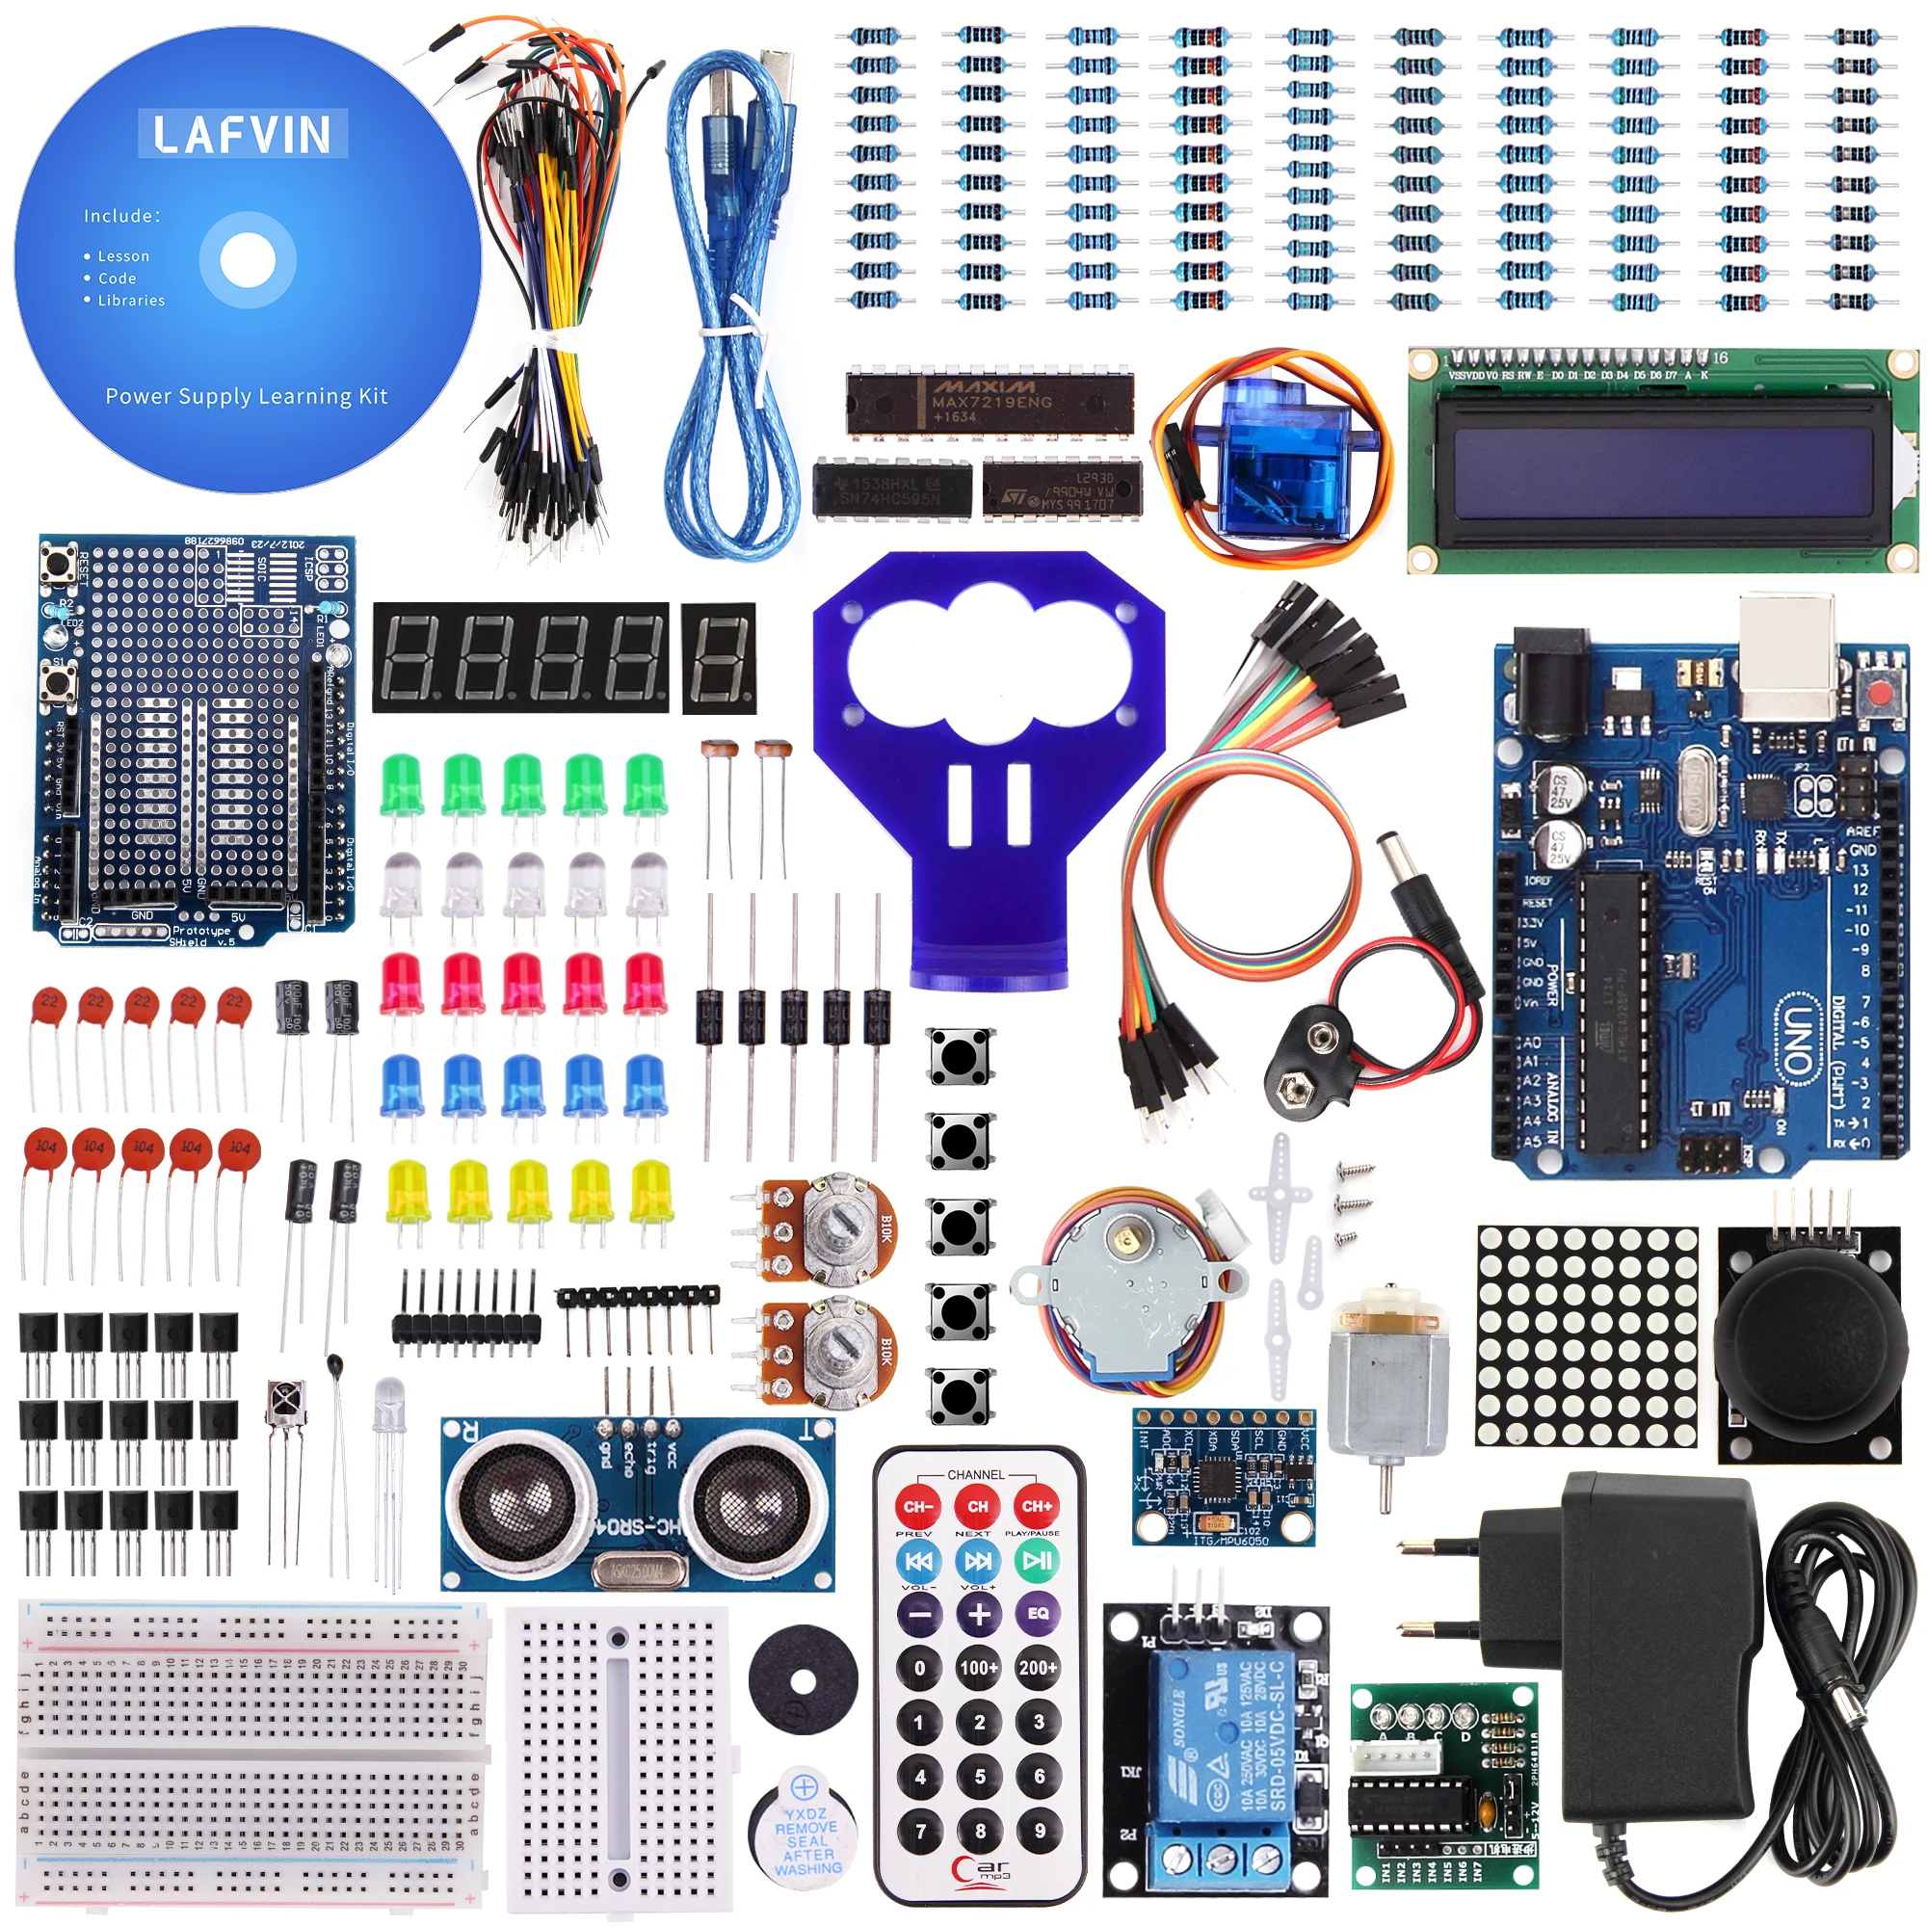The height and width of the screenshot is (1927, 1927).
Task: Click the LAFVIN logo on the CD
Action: pos(243,134)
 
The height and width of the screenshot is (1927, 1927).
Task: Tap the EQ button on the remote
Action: pos(1038,1613)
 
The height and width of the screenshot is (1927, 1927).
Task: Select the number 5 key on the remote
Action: pos(980,1776)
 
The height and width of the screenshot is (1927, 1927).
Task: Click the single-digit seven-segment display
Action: pos(719,657)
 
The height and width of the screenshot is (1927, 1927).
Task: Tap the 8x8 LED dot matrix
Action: pos(1586,1335)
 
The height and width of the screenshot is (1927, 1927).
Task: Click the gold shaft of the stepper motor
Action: pos(1127,1240)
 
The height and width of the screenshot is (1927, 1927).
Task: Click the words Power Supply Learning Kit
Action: pos(247,396)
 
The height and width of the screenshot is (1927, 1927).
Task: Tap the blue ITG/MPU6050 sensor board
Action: pos(1223,1477)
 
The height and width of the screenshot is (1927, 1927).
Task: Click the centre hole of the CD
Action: pos(247,259)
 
